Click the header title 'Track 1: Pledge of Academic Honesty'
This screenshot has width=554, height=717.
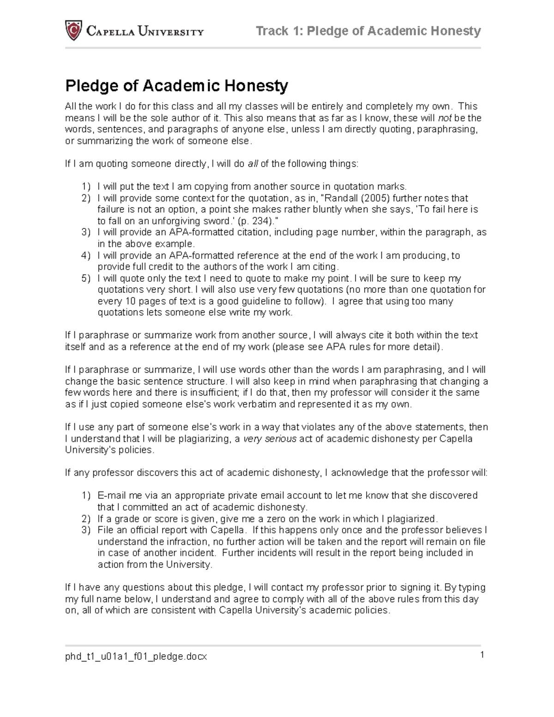coord(368,31)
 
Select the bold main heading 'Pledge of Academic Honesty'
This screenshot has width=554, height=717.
coord(176,85)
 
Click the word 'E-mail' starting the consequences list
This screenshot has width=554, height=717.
coord(111,495)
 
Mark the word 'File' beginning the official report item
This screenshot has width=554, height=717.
coord(106,530)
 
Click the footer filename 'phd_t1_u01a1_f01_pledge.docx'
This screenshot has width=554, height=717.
coord(136,657)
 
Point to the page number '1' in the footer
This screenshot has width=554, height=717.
coord(482,655)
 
